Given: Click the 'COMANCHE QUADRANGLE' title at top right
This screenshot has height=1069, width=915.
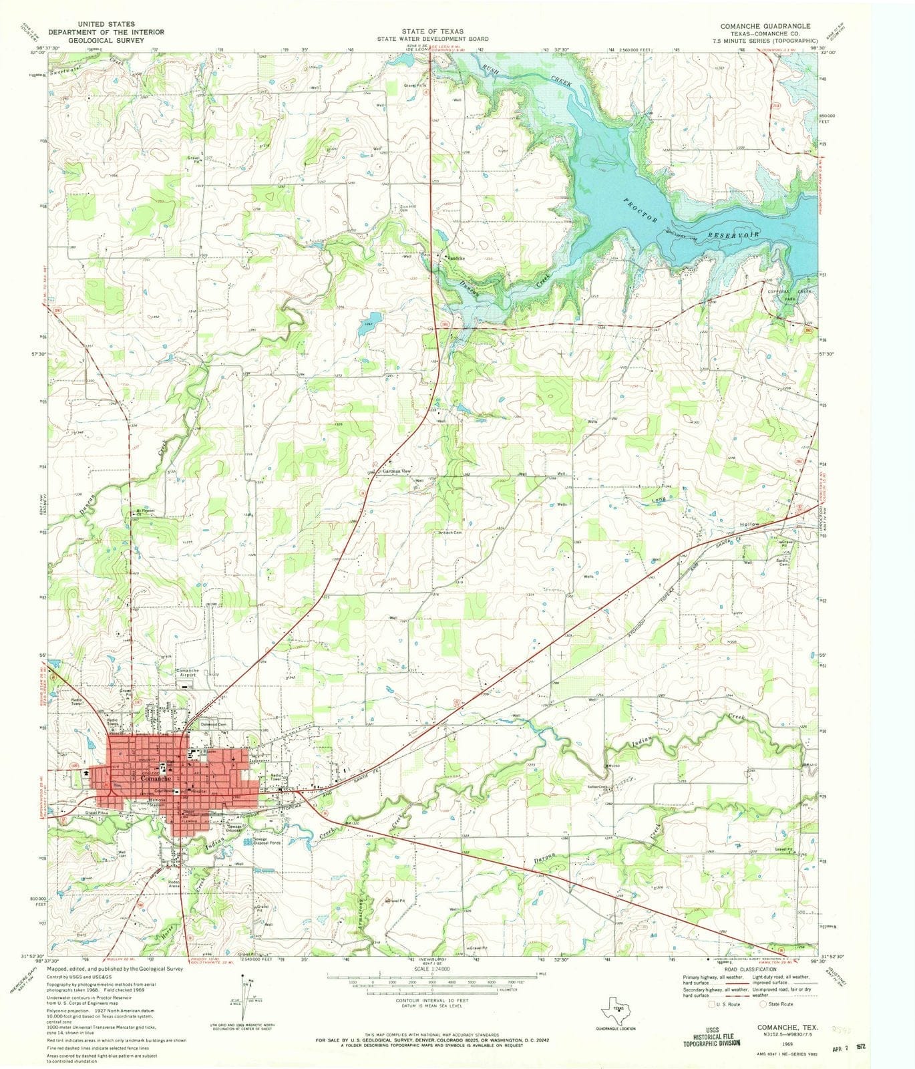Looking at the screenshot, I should tap(765, 26).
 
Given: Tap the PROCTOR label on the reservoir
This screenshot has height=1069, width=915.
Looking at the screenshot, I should tap(642, 210).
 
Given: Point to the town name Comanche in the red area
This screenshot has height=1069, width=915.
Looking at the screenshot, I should tap(158, 779).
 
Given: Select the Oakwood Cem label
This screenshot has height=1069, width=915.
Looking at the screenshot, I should tap(216, 724).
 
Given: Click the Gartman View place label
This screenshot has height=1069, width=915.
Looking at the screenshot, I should tap(395, 471).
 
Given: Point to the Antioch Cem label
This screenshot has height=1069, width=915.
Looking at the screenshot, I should tap(449, 532).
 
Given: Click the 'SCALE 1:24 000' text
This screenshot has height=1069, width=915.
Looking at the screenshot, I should tap(431, 968).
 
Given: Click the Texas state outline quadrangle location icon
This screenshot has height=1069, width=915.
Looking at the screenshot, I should tap(618, 1009).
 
